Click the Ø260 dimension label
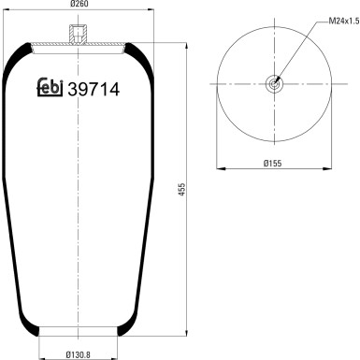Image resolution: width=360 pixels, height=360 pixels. point(79,4)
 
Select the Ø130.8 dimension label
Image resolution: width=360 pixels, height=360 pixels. point(78,354)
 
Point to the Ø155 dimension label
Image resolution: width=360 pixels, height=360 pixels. point(273,163)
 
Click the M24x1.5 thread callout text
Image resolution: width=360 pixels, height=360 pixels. point(344,22)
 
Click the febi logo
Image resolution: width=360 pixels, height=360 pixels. point(50,87)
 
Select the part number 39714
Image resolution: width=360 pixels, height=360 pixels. point(94,90)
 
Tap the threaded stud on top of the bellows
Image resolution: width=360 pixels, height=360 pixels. point(77,35)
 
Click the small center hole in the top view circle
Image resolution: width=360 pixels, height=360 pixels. point(274,84)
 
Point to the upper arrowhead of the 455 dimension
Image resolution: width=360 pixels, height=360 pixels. point(186,46)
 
